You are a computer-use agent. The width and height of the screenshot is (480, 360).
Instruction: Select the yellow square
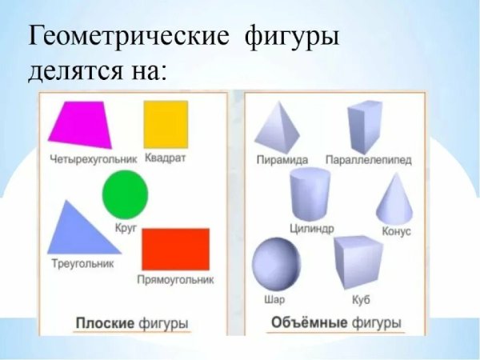click(x=166, y=124)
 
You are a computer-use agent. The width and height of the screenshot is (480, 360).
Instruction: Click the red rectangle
click(x=175, y=249)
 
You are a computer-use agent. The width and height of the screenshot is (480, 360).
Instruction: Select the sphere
click(x=274, y=265)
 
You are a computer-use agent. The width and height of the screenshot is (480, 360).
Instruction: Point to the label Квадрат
click(x=166, y=157)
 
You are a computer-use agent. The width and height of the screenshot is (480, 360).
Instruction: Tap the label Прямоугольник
click(x=176, y=280)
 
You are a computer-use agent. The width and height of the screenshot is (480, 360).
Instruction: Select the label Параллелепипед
click(x=369, y=161)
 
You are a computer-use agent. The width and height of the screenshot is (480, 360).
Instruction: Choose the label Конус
click(x=397, y=231)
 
